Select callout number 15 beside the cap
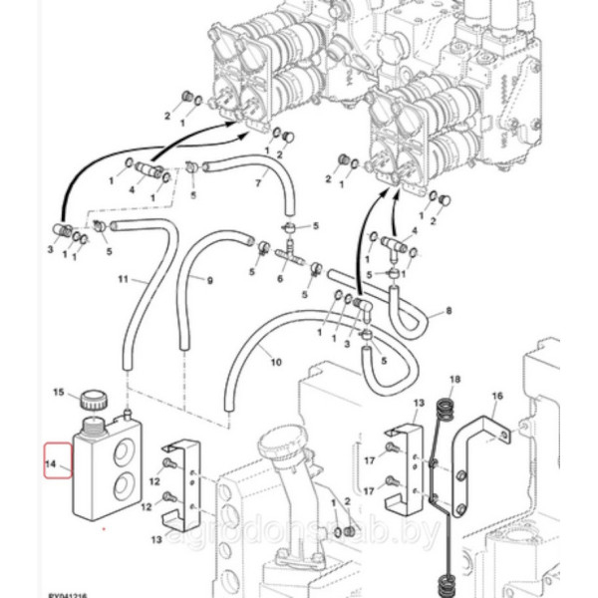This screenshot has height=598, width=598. click(58, 393)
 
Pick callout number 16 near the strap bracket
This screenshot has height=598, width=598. click(497, 396)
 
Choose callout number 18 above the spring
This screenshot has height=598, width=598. click(455, 380)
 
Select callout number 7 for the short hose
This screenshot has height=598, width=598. click(256, 183)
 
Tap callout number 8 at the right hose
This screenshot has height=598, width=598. click(448, 312)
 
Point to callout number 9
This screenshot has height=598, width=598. click(210, 281)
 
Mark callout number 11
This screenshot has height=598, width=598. click(124, 280)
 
